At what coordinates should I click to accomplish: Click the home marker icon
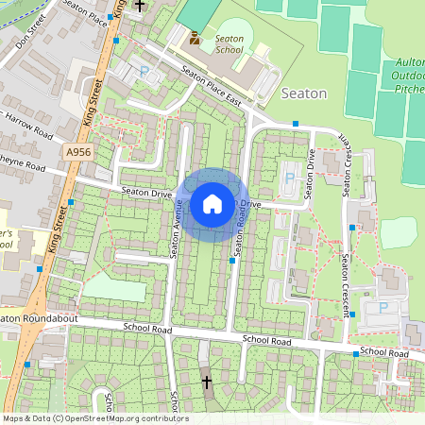[212, 203]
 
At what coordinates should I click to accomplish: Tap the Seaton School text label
[229, 43]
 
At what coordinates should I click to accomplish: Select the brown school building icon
[195, 38]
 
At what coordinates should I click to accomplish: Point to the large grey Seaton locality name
[304, 93]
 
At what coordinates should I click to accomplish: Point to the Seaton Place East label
[212, 90]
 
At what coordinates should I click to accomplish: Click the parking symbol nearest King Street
[144, 71]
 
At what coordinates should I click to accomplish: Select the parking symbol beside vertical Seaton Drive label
[289, 177]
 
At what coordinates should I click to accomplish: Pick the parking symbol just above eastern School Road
[383, 307]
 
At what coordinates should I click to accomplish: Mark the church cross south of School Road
[207, 382]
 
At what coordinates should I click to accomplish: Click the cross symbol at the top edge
[140, 5]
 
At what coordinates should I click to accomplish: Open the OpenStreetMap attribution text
[94, 418]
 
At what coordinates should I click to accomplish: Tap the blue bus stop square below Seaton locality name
[296, 124]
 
